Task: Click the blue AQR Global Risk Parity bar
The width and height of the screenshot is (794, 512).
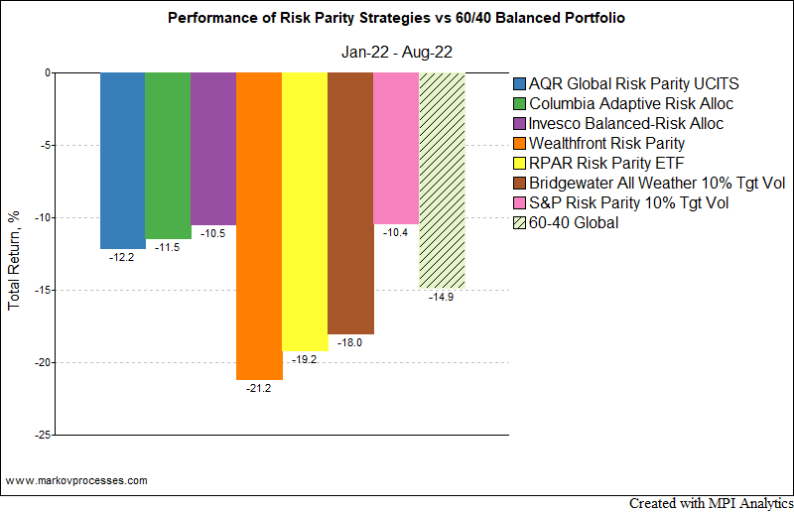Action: point(122,160)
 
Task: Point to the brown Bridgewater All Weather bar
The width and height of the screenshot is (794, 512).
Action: point(350,202)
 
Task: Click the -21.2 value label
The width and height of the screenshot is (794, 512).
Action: point(259,388)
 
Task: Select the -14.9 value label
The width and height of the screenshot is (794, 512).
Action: point(442,297)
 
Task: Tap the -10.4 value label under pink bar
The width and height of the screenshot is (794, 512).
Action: point(396,231)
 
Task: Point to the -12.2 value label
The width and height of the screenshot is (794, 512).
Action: point(122,257)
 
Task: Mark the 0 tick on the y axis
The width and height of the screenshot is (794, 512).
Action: point(47,72)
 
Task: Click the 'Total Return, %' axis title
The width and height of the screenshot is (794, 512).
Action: point(14,253)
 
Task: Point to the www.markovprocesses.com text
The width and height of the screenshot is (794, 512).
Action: point(76,480)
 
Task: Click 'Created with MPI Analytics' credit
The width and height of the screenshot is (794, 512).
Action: point(711,503)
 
